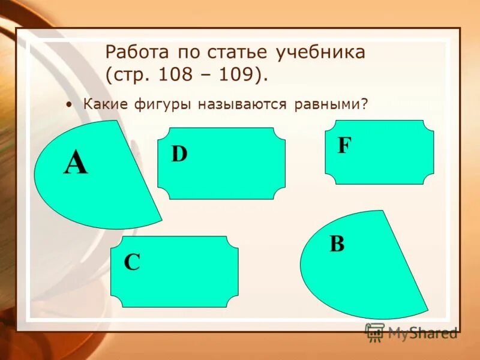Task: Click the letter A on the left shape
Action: click(x=76, y=163)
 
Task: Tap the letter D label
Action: click(x=179, y=154)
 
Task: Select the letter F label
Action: click(x=344, y=146)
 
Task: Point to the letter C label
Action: click(x=132, y=262)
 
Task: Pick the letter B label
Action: click(x=337, y=244)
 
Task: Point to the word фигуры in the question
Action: click(x=158, y=104)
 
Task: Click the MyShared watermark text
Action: click(x=422, y=332)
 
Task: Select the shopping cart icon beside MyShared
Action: click(x=374, y=332)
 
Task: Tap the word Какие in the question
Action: click(x=103, y=104)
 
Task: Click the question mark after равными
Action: click(x=364, y=104)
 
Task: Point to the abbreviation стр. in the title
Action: click(x=130, y=76)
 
